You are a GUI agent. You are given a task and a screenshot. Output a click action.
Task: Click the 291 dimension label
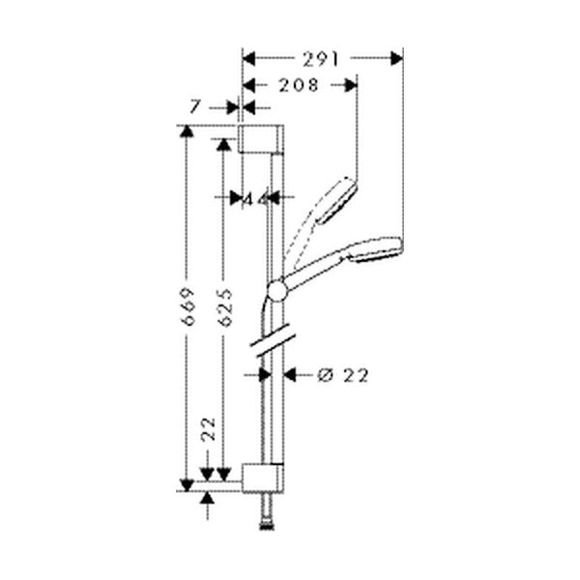pyautogui.click(x=319, y=59)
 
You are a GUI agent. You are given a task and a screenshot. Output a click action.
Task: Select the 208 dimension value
pyautogui.click(x=298, y=85)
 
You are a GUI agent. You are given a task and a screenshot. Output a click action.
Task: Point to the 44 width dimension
pyautogui.click(x=253, y=198)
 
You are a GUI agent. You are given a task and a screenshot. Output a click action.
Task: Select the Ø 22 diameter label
pyautogui.click(x=343, y=375)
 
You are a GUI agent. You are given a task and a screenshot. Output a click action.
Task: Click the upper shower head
pyautogui.click(x=338, y=198)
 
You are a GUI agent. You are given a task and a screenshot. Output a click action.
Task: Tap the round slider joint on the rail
pyautogui.click(x=276, y=289)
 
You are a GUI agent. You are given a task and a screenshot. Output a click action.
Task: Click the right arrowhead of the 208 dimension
pyautogui.click(x=352, y=85)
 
